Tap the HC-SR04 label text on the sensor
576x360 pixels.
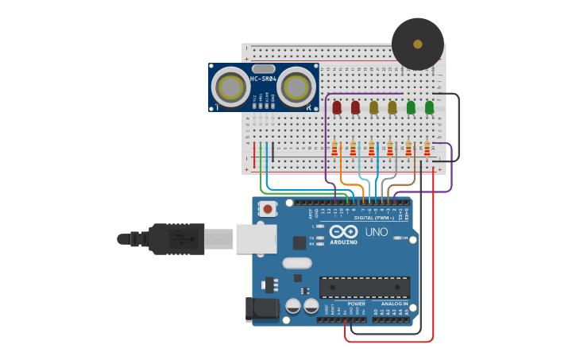click(x=264, y=79)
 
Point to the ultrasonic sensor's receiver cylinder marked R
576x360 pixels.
click(x=296, y=87)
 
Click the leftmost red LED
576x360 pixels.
click(x=337, y=106)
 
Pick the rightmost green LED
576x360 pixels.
click(x=429, y=106)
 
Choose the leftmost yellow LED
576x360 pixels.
click(x=373, y=106)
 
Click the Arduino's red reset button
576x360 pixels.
click(x=269, y=209)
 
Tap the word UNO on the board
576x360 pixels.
click(x=377, y=232)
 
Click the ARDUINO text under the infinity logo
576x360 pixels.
click(x=343, y=242)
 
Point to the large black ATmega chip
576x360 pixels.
click(x=365, y=288)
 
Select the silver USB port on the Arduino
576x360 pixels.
click(x=255, y=238)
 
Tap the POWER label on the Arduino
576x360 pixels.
click(x=357, y=303)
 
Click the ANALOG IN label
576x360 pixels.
click(x=394, y=303)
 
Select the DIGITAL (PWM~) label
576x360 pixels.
click(x=374, y=217)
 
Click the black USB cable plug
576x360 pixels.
click(x=177, y=238)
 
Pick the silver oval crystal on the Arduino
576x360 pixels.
click(x=296, y=263)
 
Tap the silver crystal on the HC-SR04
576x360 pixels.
click(x=264, y=69)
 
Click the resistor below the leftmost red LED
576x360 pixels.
click(x=334, y=149)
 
